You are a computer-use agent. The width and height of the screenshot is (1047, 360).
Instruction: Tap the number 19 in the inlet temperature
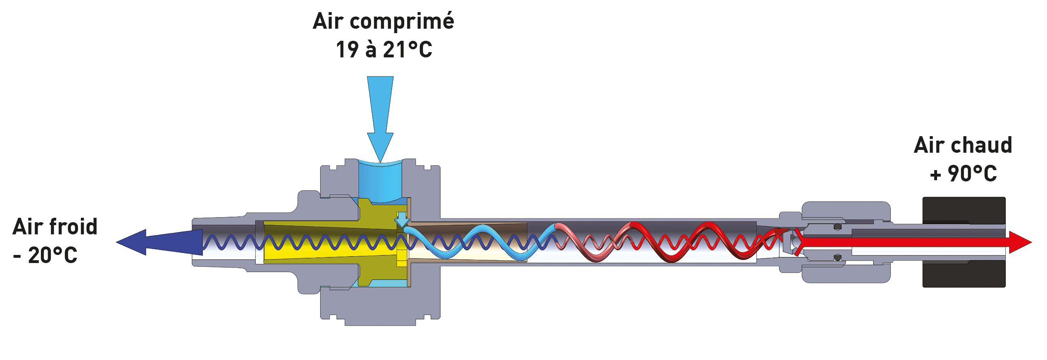click(347, 50)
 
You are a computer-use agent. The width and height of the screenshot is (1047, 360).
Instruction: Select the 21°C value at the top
click(407, 50)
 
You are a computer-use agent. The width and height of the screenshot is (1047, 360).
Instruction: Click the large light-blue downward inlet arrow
click(380, 118)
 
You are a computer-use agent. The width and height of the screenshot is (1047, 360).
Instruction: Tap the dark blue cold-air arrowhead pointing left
click(134, 242)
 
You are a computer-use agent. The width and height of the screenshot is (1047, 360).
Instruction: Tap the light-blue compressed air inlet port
click(380, 179)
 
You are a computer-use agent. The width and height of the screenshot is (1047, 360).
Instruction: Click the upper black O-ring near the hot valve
click(837, 227)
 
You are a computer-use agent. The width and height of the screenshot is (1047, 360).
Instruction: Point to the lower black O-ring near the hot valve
click(837, 258)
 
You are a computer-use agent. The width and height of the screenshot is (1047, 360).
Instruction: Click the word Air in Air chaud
click(929, 145)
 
